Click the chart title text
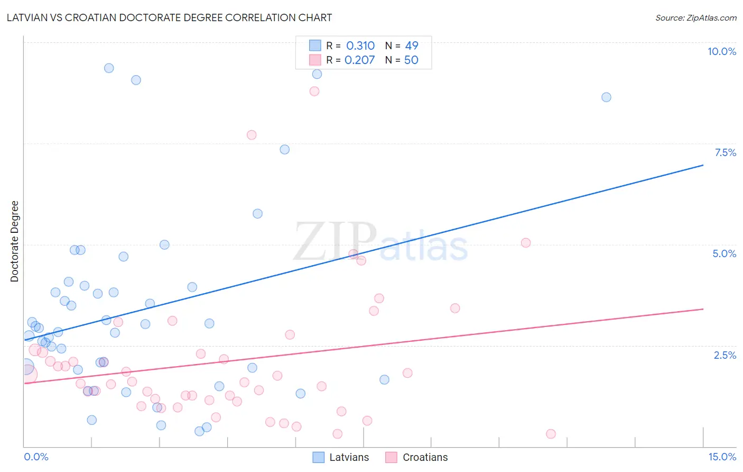pyautogui.click(x=169, y=17)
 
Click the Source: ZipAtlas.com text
pyautogui.click(x=695, y=18)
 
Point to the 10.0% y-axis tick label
pyautogui.click(x=722, y=51)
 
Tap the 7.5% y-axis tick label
pyautogui.click(x=725, y=152)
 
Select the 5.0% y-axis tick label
pyautogui.click(x=724, y=253)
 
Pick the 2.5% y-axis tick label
pyautogui.click(x=725, y=355)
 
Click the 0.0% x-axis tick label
pyautogui.click(x=36, y=457)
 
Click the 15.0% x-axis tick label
pyautogui.click(x=722, y=457)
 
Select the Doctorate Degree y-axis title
pyautogui.click(x=15, y=241)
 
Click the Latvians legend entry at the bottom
pyautogui.click(x=341, y=457)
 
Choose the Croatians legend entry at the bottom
pyautogui.click(x=417, y=457)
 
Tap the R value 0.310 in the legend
pyautogui.click(x=360, y=46)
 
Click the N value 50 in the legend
pyautogui.click(x=411, y=60)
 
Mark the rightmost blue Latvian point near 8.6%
pyautogui.click(x=606, y=97)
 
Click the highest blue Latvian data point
pyautogui.click(x=109, y=68)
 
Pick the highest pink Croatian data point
pyautogui.click(x=314, y=91)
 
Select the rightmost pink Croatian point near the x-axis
pyautogui.click(x=551, y=434)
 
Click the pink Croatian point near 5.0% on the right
pyautogui.click(x=526, y=243)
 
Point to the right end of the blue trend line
pyautogui.click(x=703, y=165)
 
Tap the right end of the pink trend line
pyautogui.click(x=703, y=308)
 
